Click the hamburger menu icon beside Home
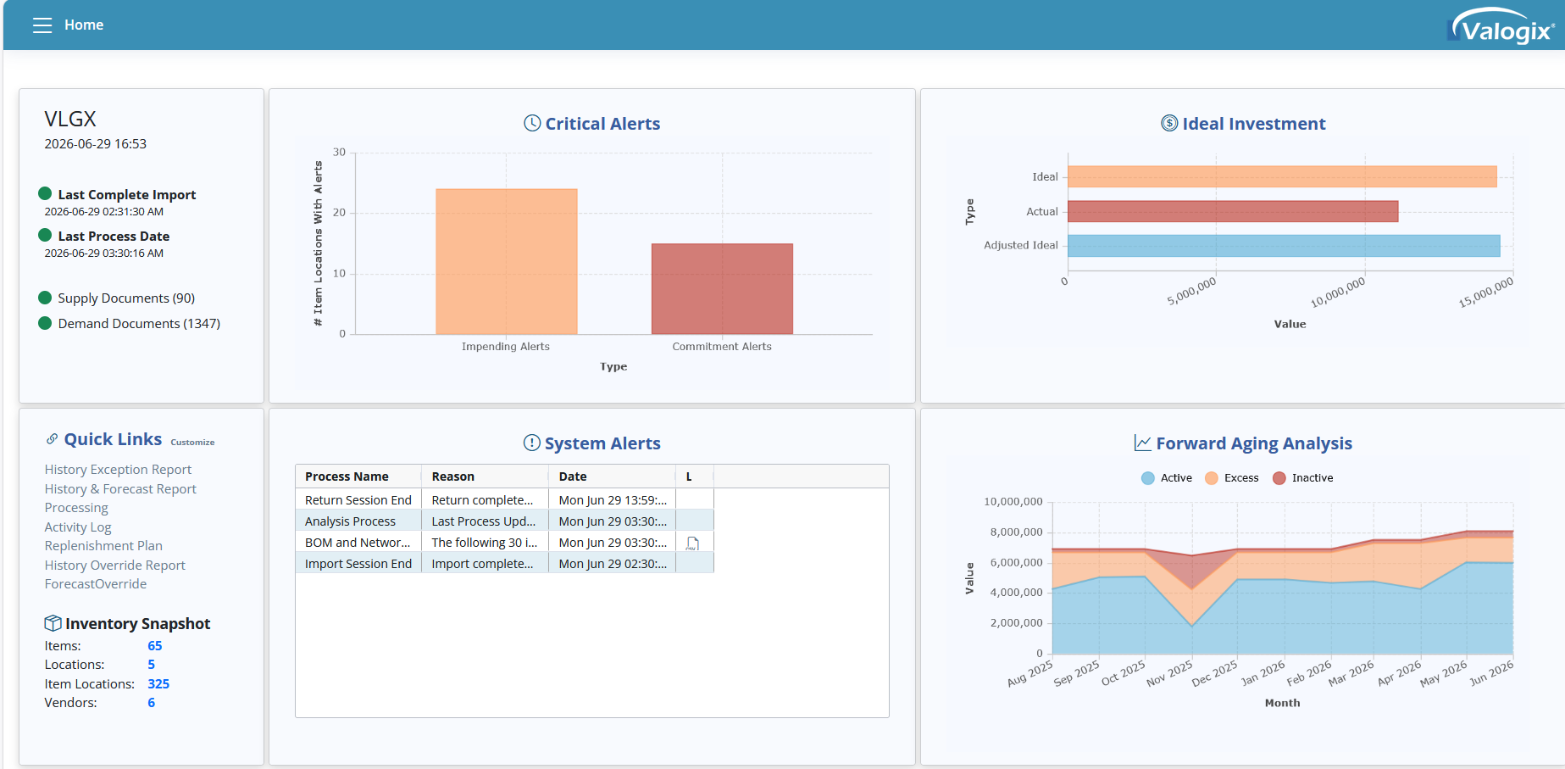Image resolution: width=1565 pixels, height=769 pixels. [x=42, y=25]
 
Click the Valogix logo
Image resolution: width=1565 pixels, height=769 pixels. [x=1501, y=25]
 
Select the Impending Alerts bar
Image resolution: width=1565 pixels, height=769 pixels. [x=507, y=261]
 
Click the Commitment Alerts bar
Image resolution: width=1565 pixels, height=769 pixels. [x=722, y=289]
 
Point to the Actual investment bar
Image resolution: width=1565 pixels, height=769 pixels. [x=1233, y=211]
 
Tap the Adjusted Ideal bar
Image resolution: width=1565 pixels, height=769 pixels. [x=1284, y=246]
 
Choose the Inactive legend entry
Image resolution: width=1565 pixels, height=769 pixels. [x=1303, y=478]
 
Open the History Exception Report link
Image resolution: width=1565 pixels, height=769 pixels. [x=118, y=470]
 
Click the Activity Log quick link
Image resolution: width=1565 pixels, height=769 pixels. [x=78, y=527]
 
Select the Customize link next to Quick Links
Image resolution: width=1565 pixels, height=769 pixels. [x=192, y=443]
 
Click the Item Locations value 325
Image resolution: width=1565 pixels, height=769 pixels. [x=158, y=684]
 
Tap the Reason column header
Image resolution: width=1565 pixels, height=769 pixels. [x=453, y=476]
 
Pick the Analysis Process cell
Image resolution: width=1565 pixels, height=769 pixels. [x=350, y=521]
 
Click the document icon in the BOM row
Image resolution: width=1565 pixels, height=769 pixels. [x=692, y=543]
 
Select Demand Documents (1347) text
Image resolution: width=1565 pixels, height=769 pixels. [x=139, y=324]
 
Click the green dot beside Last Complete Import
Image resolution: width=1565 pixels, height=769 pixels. [x=46, y=193]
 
